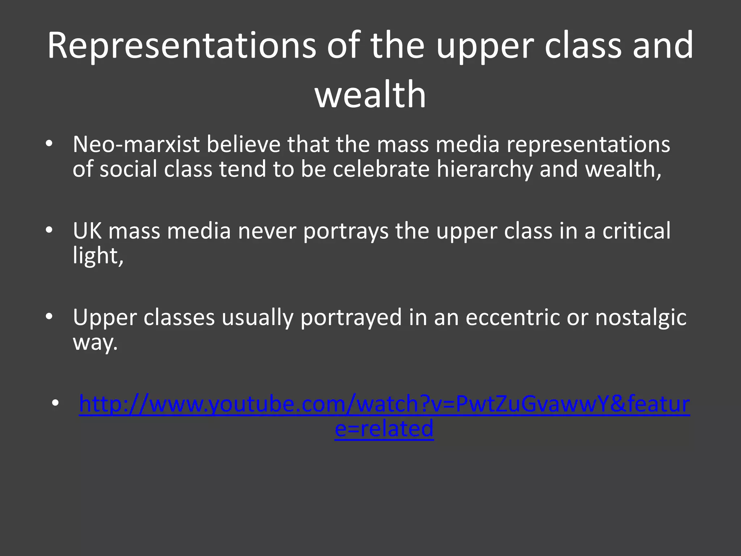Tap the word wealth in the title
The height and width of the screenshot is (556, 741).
(x=370, y=94)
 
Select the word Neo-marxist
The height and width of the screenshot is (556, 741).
(x=136, y=144)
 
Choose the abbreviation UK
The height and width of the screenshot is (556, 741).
(x=87, y=231)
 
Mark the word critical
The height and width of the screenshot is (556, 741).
(x=636, y=231)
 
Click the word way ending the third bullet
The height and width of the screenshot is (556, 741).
(x=95, y=342)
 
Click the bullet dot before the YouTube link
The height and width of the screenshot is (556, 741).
(x=55, y=403)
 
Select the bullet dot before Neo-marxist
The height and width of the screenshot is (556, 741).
(x=49, y=144)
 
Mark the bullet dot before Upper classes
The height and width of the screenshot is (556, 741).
(x=49, y=317)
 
